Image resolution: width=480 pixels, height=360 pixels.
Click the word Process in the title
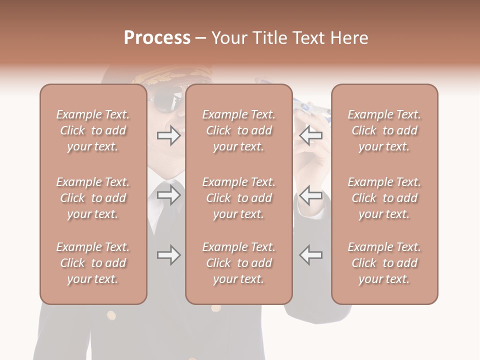coord(157,38)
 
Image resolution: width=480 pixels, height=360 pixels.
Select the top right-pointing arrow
coord(168,135)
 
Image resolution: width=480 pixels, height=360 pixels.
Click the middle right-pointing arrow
coord(168,195)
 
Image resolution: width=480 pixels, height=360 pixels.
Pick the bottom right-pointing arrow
coord(168,255)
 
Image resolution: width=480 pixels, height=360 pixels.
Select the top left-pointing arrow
coord(311,135)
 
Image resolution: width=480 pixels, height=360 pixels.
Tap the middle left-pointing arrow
coord(311,195)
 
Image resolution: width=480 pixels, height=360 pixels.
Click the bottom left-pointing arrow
coord(311,255)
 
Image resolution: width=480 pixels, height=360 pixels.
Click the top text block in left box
coord(93,130)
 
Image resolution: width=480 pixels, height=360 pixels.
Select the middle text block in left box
coord(93,198)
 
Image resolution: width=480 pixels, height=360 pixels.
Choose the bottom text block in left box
coord(93,263)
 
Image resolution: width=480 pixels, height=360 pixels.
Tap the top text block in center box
coord(239,130)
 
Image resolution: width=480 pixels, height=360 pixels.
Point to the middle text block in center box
coord(239,198)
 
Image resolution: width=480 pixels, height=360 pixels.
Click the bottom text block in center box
coord(239,263)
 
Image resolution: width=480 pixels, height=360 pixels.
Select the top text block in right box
coord(384,130)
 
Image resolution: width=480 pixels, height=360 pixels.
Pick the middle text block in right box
coord(384,198)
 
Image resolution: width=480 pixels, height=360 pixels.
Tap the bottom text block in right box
coord(384,263)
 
